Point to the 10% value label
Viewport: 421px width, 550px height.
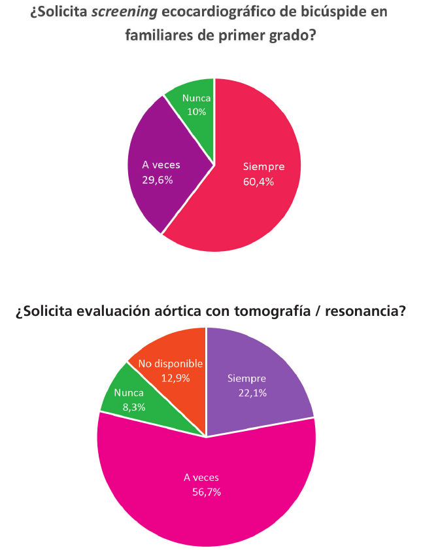tap(195, 112)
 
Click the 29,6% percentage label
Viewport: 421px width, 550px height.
tap(157, 179)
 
